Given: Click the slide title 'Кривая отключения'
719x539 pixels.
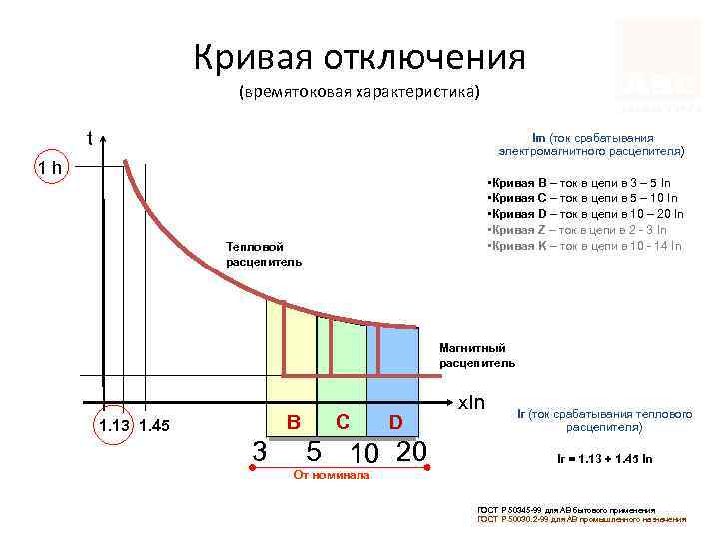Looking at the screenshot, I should tap(359, 57).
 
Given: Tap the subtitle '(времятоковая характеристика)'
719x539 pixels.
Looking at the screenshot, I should tap(359, 93).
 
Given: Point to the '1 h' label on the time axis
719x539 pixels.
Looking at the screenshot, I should tap(48, 167).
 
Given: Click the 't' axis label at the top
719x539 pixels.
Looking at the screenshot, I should tap(90, 139).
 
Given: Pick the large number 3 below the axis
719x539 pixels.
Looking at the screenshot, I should tap(259, 450).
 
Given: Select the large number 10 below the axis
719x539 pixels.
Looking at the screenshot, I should tap(366, 453).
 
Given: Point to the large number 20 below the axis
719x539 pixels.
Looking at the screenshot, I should tap(411, 450).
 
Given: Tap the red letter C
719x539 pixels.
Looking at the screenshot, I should tap(342, 421).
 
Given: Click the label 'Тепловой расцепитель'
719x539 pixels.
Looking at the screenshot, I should tap(262, 254).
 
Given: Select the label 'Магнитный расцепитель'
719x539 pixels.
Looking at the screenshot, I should tap(478, 355).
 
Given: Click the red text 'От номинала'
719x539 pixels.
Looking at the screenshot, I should tap(331, 475).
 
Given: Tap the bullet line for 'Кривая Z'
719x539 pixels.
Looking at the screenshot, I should tap(582, 229).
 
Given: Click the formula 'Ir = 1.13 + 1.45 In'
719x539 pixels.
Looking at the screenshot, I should tap(597, 459).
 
